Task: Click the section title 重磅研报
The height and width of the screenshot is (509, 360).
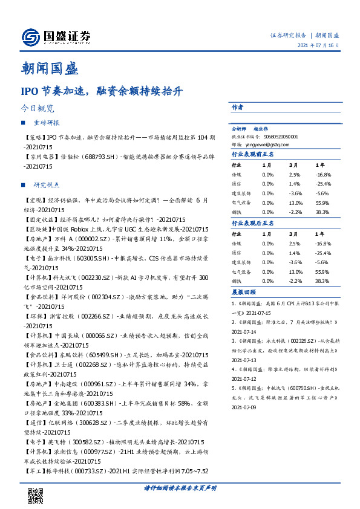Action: click(47, 123)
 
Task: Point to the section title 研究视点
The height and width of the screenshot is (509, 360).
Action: click(47, 184)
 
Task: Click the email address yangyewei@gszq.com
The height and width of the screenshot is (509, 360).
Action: click(255, 144)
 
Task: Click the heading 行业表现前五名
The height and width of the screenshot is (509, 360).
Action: click(253, 155)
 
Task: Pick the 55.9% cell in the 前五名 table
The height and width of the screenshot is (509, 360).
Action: click(322, 203)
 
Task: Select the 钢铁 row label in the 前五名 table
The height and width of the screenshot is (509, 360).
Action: click(237, 213)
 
